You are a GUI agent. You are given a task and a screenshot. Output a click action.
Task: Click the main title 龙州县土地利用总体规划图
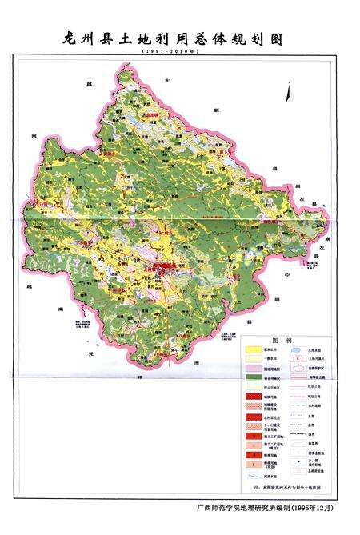tap(168, 38)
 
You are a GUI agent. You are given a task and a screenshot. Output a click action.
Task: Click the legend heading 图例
tap(282, 341)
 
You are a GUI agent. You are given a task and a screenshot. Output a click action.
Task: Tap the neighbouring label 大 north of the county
tap(166, 82)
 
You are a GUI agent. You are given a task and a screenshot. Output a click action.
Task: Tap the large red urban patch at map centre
tap(166, 266)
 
